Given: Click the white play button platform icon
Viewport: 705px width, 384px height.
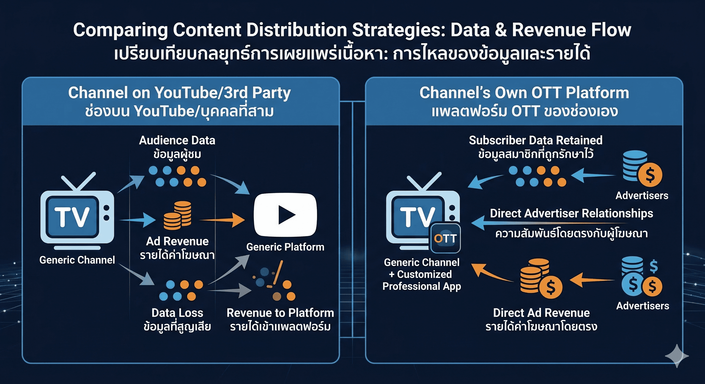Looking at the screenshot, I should (x=285, y=214).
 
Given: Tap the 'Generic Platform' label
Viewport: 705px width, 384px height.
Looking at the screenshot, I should (x=285, y=247).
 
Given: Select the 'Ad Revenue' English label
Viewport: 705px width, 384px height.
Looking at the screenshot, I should (x=177, y=241).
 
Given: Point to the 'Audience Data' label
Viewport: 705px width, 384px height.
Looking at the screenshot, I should (x=177, y=140).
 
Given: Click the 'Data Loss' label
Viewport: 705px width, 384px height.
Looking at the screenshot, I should (x=177, y=313).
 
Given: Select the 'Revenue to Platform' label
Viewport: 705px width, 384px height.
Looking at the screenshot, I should (x=280, y=313).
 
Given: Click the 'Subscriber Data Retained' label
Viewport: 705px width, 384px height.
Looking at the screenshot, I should (x=536, y=140).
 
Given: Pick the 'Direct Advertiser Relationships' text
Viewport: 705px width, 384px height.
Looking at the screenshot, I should (x=571, y=213).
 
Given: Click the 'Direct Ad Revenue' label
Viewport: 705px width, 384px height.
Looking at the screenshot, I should (x=541, y=313).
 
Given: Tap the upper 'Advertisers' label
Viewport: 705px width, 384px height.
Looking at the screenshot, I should (x=642, y=196).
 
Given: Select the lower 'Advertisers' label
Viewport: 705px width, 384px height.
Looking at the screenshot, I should (x=643, y=306).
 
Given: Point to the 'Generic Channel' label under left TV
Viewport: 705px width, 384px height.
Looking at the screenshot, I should (x=77, y=260).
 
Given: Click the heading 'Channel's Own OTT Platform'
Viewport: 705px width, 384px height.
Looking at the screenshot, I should (x=524, y=93).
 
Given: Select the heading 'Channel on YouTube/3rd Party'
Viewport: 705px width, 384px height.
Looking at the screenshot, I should (x=179, y=93).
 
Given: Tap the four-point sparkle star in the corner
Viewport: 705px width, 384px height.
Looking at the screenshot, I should (x=676, y=355).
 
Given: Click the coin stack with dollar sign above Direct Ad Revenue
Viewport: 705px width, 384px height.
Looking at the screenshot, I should (x=541, y=279).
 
